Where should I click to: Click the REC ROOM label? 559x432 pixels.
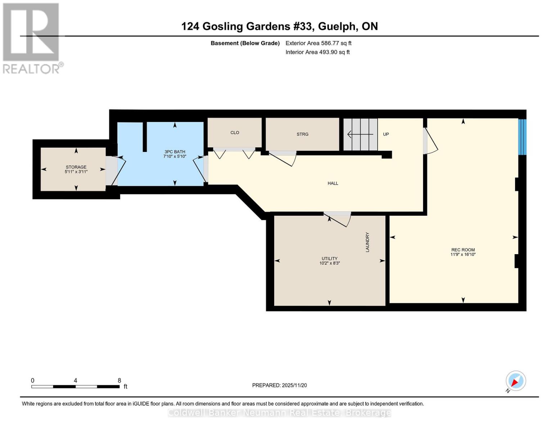[463, 249]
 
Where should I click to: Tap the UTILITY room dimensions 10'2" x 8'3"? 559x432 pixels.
[329, 263]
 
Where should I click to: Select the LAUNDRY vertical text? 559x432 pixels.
[368, 242]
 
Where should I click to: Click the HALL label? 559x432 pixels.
[333, 183]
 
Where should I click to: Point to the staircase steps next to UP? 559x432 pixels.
[360, 134]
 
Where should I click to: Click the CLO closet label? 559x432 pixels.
[235, 132]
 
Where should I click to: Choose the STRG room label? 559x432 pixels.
[302, 134]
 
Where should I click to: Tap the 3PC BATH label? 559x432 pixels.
[175, 152]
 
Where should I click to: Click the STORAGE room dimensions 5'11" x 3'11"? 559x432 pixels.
[76, 172]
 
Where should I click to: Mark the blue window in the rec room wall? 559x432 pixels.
[522, 137]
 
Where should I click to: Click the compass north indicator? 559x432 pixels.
[515, 381]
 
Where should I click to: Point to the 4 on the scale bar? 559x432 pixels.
[75, 381]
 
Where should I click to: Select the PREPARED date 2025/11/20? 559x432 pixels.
[279, 385]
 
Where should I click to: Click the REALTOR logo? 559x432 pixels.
[31, 38]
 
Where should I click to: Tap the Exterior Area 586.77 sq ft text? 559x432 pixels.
[318, 43]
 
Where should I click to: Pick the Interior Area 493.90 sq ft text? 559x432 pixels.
[317, 52]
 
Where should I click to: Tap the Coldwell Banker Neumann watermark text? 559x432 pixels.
[279, 413]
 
